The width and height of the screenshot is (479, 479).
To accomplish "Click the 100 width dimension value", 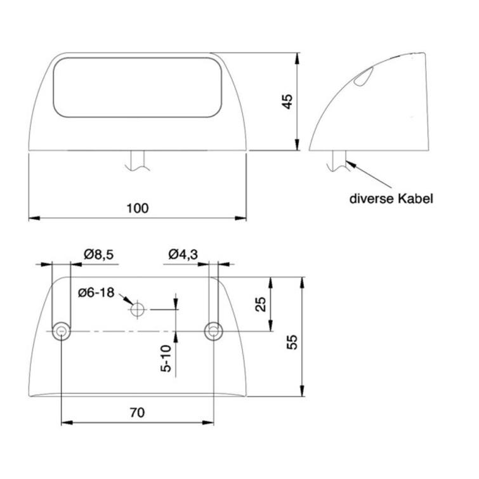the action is pyautogui.click(x=138, y=208).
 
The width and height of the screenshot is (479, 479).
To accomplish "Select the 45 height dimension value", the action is pyautogui.click(x=287, y=102).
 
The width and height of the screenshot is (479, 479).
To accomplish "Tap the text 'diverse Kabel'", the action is pyautogui.click(x=391, y=199).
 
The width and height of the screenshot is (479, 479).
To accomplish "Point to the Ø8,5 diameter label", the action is pyautogui.click(x=98, y=254).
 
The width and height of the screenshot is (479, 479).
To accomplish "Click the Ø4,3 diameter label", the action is pyautogui.click(x=183, y=254).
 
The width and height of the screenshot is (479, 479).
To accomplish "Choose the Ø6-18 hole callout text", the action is pyautogui.click(x=96, y=292).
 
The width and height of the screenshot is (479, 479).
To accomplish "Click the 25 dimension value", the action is pyautogui.click(x=260, y=305).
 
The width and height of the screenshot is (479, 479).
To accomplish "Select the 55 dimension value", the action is pyautogui.click(x=292, y=343).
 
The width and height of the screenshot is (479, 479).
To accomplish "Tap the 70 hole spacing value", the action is pyautogui.click(x=137, y=413).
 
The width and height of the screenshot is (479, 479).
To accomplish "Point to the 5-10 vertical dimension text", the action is pyautogui.click(x=166, y=358).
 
